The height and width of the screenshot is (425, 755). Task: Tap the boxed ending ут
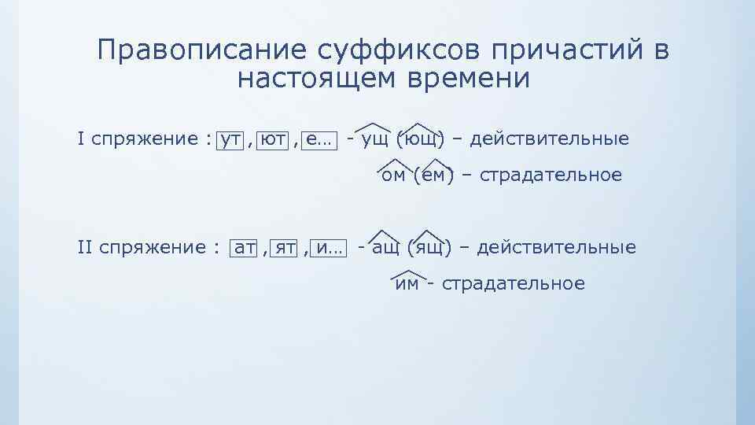tap(230, 140)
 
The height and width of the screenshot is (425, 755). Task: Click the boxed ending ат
tap(245, 249)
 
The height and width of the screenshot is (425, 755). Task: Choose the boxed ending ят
tap(285, 249)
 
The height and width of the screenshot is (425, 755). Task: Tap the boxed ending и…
tap(329, 249)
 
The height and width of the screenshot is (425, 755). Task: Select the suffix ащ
tap(386, 249)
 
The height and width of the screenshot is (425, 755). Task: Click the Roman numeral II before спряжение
tap(87, 249)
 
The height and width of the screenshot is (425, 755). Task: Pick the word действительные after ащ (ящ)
tap(557, 249)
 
